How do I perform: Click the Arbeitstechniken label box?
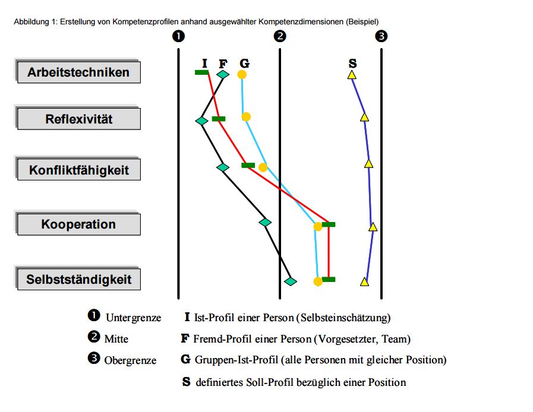click(x=78, y=72)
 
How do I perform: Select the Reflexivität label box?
click(x=78, y=119)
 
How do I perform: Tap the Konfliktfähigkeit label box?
click(x=78, y=170)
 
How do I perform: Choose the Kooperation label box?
click(x=78, y=224)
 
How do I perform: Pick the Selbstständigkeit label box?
click(x=78, y=279)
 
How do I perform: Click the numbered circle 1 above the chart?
click(x=178, y=36)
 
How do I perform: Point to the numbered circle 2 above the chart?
click(x=280, y=36)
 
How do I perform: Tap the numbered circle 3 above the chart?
click(x=381, y=36)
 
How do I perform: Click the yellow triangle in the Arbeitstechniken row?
click(x=352, y=75)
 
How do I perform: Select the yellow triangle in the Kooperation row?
click(x=373, y=227)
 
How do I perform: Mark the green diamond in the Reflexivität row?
click(x=201, y=121)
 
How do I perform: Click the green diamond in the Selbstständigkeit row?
click(x=290, y=281)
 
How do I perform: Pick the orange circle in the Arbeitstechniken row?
click(x=242, y=75)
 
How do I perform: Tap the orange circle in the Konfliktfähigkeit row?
click(x=263, y=167)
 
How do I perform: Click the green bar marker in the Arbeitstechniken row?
click(x=201, y=72)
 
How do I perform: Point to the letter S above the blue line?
click(x=352, y=64)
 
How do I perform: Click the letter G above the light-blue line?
click(x=244, y=64)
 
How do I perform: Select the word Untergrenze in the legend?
click(x=133, y=318)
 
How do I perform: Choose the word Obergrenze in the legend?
click(x=130, y=360)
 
